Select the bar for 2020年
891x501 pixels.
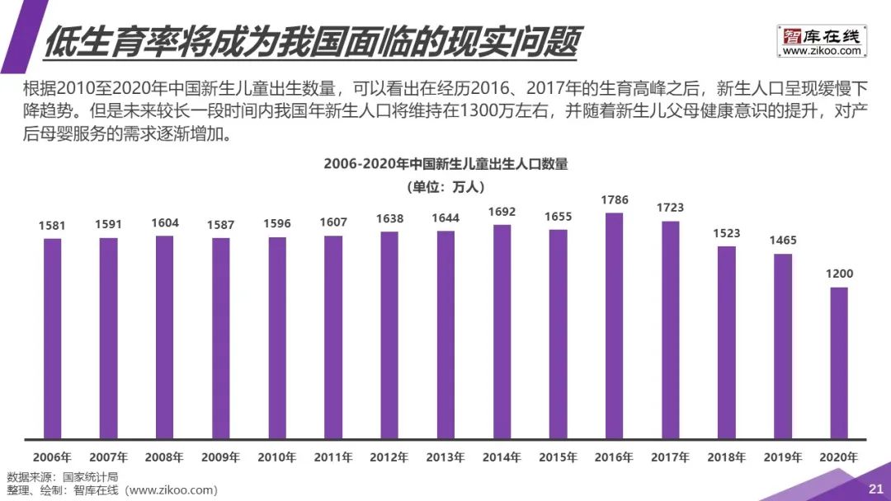[x=838, y=363]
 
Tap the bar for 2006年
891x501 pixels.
[x=52, y=338]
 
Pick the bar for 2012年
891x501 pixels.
[x=389, y=335]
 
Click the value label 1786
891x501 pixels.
[x=614, y=199]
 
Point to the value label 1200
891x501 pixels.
[x=838, y=274]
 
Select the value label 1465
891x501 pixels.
[x=782, y=241]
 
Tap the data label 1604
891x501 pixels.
[x=165, y=222]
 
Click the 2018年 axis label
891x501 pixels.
[x=726, y=457]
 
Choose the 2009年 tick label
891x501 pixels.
[x=221, y=457]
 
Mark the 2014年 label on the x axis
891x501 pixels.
[x=502, y=457]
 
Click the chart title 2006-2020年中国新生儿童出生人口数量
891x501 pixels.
[x=445, y=164]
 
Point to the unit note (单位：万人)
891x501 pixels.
[x=445, y=186]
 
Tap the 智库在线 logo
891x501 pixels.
[x=821, y=35]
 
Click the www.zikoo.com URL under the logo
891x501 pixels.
[x=821, y=51]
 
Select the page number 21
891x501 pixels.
[x=875, y=489]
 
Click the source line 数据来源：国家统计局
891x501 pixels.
[x=63, y=477]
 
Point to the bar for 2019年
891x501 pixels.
[x=782, y=346]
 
